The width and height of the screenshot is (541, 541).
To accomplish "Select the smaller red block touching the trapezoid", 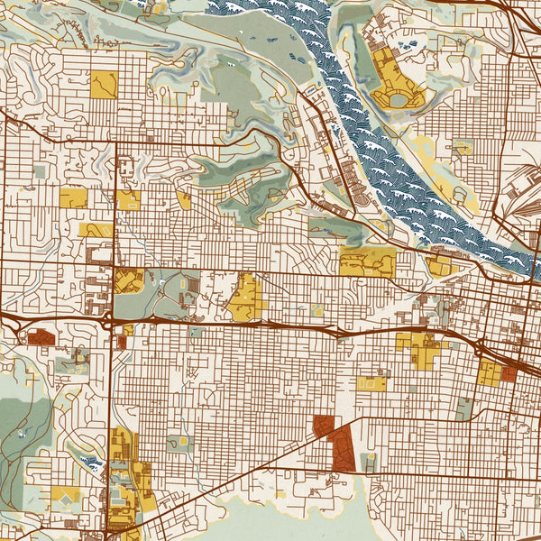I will coord(323,427).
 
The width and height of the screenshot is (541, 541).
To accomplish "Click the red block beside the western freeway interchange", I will coord(40,337).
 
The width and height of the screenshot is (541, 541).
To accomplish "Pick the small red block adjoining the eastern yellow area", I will coord(509,373).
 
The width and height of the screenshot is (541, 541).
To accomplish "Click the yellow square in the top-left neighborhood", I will coord(104,84).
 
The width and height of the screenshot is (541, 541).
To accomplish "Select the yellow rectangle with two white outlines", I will coord(371,383).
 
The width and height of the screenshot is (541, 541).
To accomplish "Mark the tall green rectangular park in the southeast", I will coord(463,408).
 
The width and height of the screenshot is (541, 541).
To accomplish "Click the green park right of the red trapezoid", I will coord(369,463).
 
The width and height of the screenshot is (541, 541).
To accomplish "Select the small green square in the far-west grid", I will coord(39,170).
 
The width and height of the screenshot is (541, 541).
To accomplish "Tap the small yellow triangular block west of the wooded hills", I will coord(184,200).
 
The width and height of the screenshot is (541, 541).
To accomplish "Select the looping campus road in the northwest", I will coord(126,168).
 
